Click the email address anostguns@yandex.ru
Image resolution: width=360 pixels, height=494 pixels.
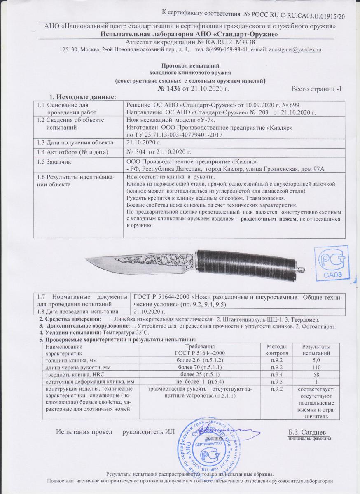tap(295, 49)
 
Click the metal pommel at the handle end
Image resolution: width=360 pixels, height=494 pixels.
tap(299, 270)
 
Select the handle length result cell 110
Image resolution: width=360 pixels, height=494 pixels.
tap(316, 367)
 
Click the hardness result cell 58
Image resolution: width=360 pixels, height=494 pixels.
tap(316, 374)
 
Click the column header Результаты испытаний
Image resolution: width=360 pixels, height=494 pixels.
tap(316, 350)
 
